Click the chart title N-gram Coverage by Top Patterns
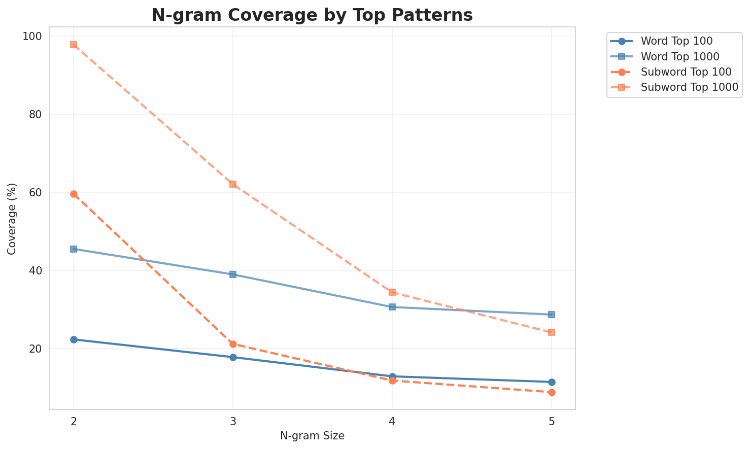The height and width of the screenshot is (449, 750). pos(312,15)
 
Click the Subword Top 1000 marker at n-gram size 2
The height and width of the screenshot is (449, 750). pos(74,45)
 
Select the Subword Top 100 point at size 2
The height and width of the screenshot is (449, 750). pos(74,194)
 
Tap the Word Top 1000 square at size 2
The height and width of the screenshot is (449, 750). pos(74,249)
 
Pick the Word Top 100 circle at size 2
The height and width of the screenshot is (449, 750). pos(74,339)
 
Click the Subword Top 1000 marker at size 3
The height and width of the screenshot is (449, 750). pos(233,184)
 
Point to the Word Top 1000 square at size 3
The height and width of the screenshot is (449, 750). pos(233,274)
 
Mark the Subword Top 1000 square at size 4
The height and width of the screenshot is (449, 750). pos(392,292)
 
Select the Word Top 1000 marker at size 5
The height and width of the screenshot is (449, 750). pos(552,315)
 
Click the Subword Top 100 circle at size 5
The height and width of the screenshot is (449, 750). pos(552,392)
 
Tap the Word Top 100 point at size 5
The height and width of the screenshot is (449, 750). pos(552,382)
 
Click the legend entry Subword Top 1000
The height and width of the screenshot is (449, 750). pos(689,87)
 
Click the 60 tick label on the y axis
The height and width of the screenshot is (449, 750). pos(38,193)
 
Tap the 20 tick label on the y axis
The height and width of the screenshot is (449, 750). pos(38,349)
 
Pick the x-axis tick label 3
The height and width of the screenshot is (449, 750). pos(233,421)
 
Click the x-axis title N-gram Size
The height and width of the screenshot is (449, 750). pos(312,436)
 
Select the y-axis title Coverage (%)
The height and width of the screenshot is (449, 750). pos(12,218)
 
